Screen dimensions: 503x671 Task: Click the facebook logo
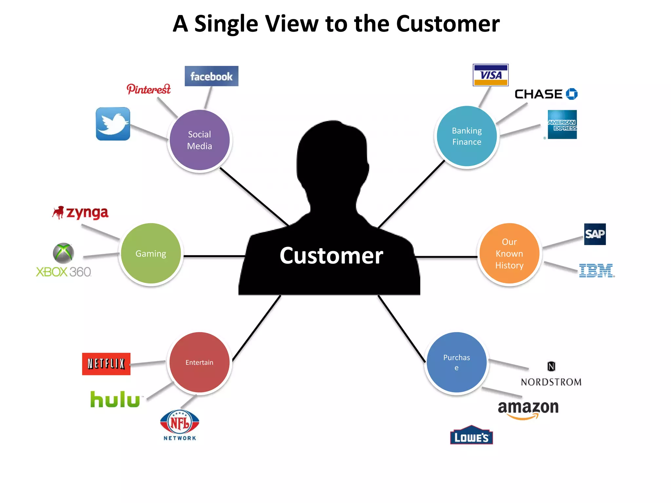[211, 76]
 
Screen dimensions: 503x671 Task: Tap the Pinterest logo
[148, 89]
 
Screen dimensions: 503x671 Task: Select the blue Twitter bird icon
[113, 124]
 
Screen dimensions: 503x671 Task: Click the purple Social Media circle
[200, 140]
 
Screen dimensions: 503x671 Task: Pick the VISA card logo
[490, 75]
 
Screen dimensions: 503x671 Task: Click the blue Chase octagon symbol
[572, 94]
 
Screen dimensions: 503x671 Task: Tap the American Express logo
[562, 124]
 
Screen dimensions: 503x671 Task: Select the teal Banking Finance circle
[467, 136]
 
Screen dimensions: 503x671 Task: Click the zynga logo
[81, 213]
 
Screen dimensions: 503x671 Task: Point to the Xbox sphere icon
[63, 253]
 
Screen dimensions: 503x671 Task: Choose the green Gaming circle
[151, 253]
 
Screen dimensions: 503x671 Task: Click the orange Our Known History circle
[509, 253]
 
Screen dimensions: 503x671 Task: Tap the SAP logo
[595, 234]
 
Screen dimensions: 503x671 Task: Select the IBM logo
[596, 271]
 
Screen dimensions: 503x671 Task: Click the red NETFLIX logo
[106, 364]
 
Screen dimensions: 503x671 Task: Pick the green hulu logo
[115, 400]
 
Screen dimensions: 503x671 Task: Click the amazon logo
[528, 408]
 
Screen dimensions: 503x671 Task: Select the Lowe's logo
[471, 436]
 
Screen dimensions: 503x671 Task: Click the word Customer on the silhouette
[331, 255]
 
